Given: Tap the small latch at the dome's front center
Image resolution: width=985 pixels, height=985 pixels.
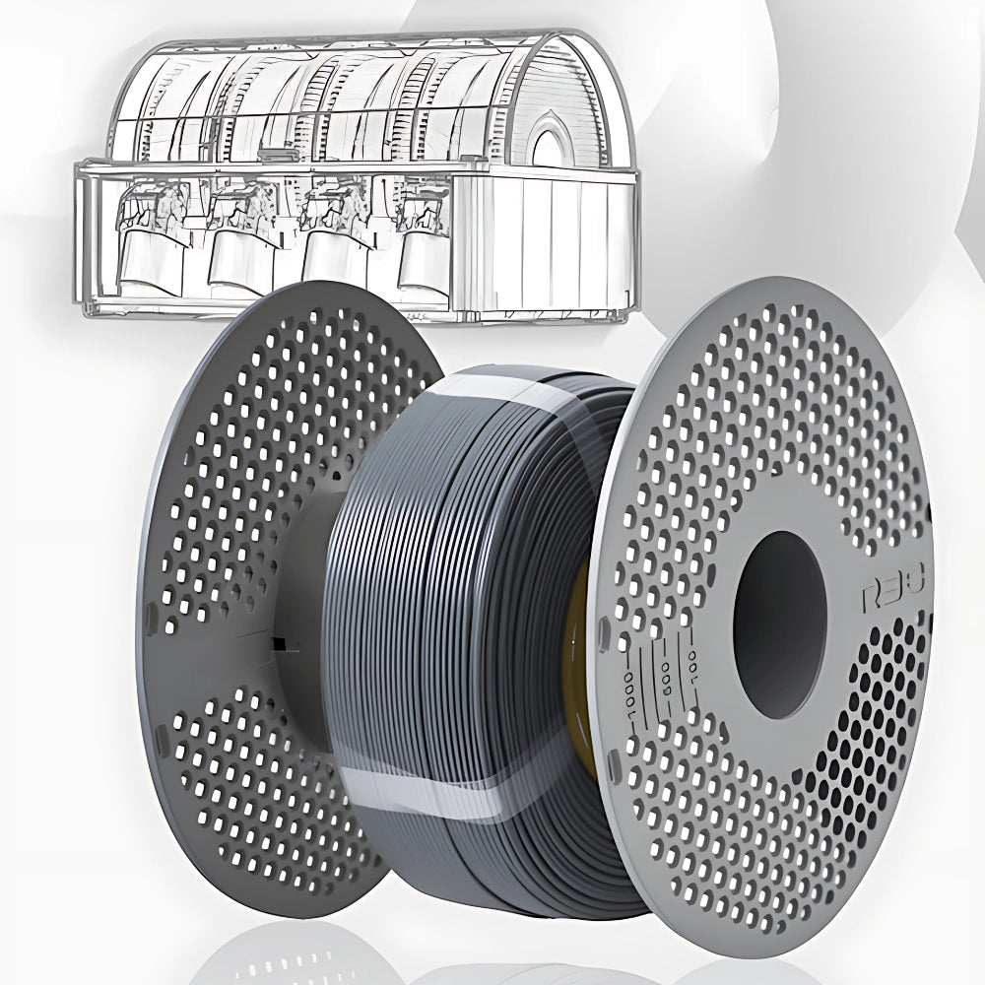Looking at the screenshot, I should point(269,155).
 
